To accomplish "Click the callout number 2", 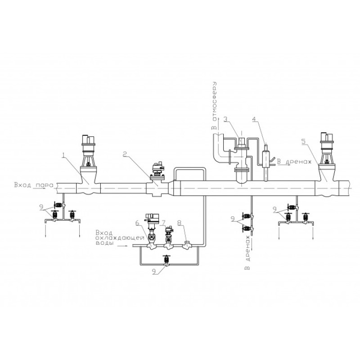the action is pyautogui.click(x=125, y=154).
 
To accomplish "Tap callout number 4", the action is pyautogui.click(x=254, y=119).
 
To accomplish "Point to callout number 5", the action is pyautogui.click(x=303, y=141).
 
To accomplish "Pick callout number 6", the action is pyautogui.click(x=137, y=222).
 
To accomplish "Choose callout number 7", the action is pyautogui.click(x=163, y=222).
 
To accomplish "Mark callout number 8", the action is pyautogui.click(x=180, y=222).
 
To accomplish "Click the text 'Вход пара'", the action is pyautogui.click(x=34, y=185).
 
